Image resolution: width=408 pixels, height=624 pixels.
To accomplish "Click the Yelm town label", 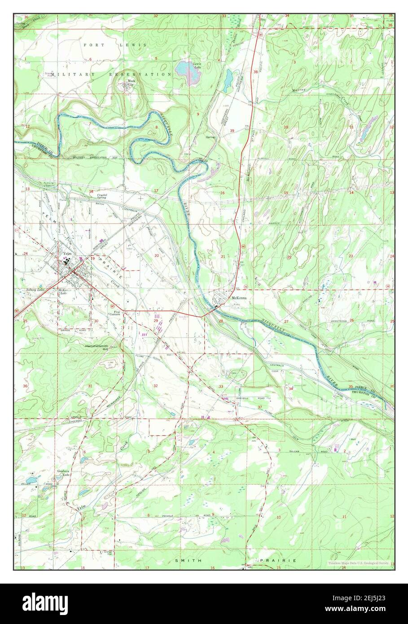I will (68, 253).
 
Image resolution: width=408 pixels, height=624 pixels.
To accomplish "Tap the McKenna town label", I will (238, 298).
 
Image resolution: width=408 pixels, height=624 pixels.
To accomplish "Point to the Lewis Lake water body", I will (184, 69).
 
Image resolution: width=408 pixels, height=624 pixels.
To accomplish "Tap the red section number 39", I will (232, 131).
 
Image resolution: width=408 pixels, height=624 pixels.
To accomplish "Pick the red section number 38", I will (255, 72).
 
